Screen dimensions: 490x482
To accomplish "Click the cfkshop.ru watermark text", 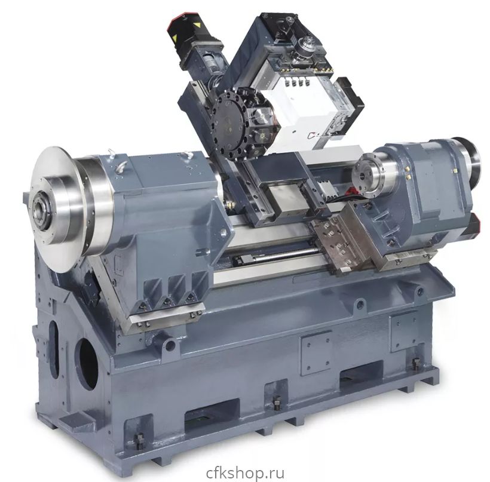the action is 246,473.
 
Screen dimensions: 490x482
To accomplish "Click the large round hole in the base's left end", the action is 87,364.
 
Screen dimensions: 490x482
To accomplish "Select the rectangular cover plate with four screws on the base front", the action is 316,352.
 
